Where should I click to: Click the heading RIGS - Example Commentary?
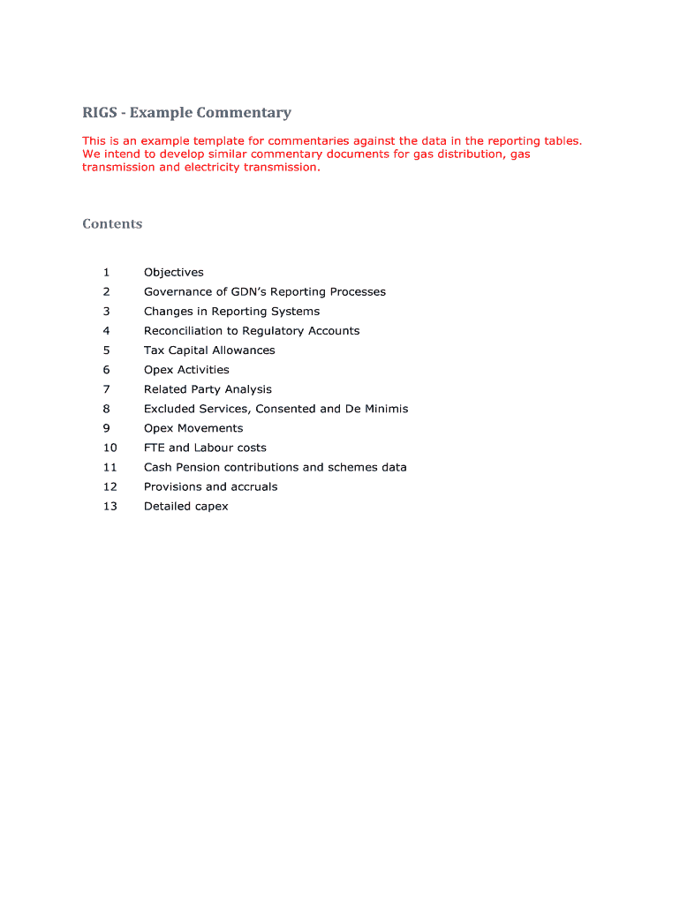coord(186,113)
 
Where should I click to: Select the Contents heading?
coord(112,224)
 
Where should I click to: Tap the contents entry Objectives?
coord(174,273)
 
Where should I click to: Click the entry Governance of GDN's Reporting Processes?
coord(265,292)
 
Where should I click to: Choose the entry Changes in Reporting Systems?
coord(231,312)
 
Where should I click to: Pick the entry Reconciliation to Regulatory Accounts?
coord(252,331)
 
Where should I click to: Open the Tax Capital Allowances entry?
coord(209,350)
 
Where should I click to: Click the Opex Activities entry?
coord(186,370)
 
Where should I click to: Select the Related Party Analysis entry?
coord(208,389)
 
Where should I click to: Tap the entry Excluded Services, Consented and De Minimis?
coord(276,409)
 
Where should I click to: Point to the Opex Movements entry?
coord(193,428)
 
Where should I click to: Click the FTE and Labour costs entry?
coord(205,448)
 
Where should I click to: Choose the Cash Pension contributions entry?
coord(275,467)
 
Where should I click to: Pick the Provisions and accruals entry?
coord(210,486)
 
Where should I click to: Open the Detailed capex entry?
coord(185,506)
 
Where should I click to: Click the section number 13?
coord(110,506)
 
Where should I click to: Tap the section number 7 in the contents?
coord(106,389)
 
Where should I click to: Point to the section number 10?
coord(110,448)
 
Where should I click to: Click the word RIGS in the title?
coord(100,113)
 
